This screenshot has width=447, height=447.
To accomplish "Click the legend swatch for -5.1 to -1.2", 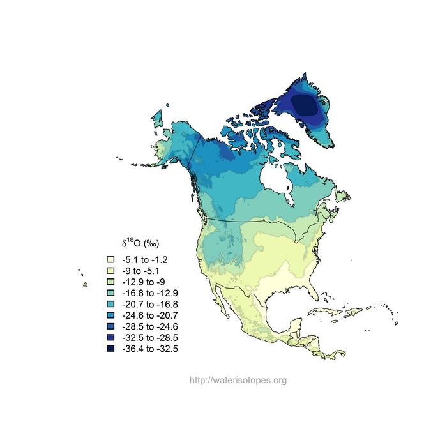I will tap(110, 260).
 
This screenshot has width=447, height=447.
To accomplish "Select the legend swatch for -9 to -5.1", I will tap(110, 271).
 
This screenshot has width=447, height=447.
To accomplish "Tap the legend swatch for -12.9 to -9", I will tap(110, 282).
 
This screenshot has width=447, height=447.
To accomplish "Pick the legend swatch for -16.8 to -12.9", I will tap(110, 293).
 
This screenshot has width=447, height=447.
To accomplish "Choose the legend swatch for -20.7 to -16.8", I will tap(110, 304).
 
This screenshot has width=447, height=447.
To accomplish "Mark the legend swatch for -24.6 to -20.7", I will tap(110, 315).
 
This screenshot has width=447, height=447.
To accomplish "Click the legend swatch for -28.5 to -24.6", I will tap(110, 326).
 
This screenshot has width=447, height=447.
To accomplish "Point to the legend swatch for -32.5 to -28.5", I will tap(110, 338).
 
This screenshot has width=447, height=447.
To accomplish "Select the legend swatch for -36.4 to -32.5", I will tap(110, 349).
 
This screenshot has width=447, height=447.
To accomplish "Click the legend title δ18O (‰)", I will tap(140, 243).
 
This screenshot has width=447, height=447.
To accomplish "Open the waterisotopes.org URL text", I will tap(238, 381).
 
